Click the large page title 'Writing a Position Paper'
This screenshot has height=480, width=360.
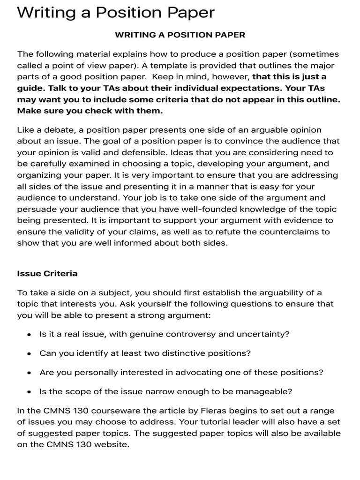click(x=116, y=12)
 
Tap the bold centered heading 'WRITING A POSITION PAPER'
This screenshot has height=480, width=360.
click(x=180, y=35)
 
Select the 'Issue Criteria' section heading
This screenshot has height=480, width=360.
click(x=47, y=273)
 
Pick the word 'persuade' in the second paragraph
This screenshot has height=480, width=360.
click(x=34, y=209)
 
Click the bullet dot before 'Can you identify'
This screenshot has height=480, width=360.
click(x=29, y=354)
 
